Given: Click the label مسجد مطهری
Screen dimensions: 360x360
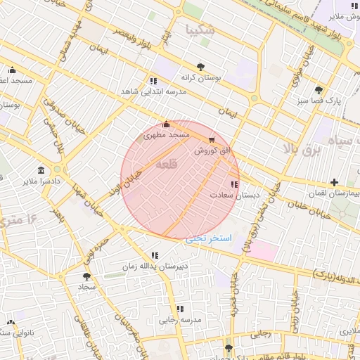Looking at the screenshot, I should [167, 134].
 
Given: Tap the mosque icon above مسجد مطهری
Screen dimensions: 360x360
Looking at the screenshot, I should [166, 124].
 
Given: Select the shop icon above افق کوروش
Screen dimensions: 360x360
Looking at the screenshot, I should [212, 141].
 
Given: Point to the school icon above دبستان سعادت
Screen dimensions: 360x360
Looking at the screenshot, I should [234, 185].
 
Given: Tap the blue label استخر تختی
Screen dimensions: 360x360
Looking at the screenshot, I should [208, 238].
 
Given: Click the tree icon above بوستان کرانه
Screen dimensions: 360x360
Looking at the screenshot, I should [201, 67].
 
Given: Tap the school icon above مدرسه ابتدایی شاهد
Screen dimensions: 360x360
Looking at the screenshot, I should [153, 82].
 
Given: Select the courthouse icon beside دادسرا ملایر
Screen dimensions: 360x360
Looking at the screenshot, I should [41, 171].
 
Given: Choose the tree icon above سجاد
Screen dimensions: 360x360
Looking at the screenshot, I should [86, 277].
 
